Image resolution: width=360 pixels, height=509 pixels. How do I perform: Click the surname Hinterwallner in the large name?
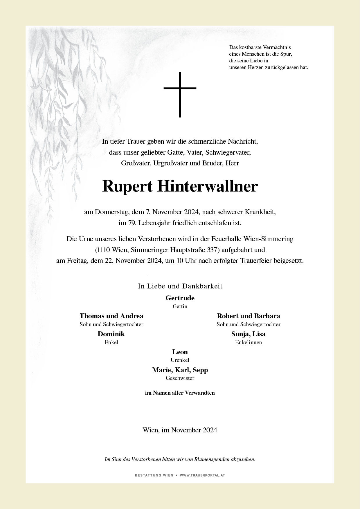pos(207,186)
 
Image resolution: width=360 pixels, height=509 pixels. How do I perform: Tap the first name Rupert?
pos(127,187)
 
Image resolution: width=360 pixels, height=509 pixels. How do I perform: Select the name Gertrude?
pos(180,298)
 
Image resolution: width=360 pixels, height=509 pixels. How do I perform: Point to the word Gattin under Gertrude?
pos(180,306)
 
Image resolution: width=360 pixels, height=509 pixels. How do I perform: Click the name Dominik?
pos(111,334)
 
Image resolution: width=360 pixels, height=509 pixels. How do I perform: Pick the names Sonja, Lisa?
pos(249,334)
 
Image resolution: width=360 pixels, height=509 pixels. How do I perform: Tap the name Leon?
pos(180,352)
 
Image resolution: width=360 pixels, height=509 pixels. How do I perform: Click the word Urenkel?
pos(180,360)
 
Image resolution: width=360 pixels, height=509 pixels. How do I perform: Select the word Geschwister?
pos(180,378)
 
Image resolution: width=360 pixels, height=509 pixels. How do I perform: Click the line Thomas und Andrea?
pos(111,316)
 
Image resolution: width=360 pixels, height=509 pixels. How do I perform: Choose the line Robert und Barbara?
pos(249,316)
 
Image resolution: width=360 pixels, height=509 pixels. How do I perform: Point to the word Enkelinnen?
pos(249,342)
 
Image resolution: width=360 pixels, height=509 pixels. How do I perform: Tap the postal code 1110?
pos(104,250)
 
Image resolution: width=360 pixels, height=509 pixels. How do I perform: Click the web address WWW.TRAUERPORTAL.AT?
pos(202,475)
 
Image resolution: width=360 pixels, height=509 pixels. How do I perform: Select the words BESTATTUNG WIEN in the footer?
pos(154,475)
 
